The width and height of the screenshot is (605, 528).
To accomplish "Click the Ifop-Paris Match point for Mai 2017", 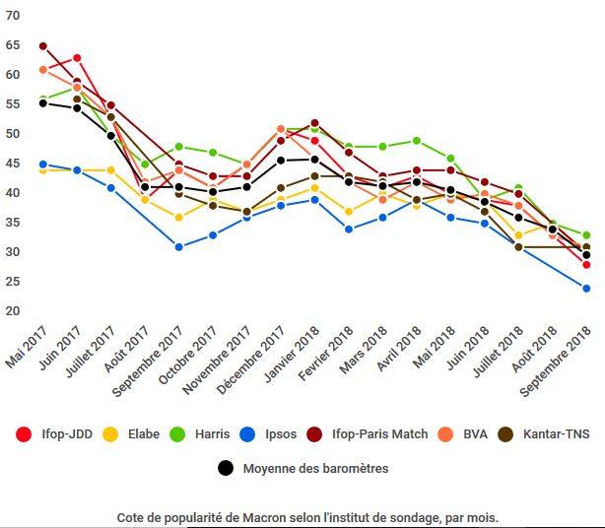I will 43,46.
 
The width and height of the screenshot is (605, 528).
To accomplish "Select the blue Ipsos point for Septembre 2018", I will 586,289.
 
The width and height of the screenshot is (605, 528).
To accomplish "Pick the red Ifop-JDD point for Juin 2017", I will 77,58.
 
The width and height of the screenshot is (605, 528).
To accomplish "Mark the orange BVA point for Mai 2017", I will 43,70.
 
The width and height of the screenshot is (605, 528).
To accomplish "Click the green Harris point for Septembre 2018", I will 586,235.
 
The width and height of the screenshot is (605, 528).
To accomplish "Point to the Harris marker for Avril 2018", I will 417,141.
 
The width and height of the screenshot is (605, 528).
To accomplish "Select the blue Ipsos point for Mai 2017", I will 43,165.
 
